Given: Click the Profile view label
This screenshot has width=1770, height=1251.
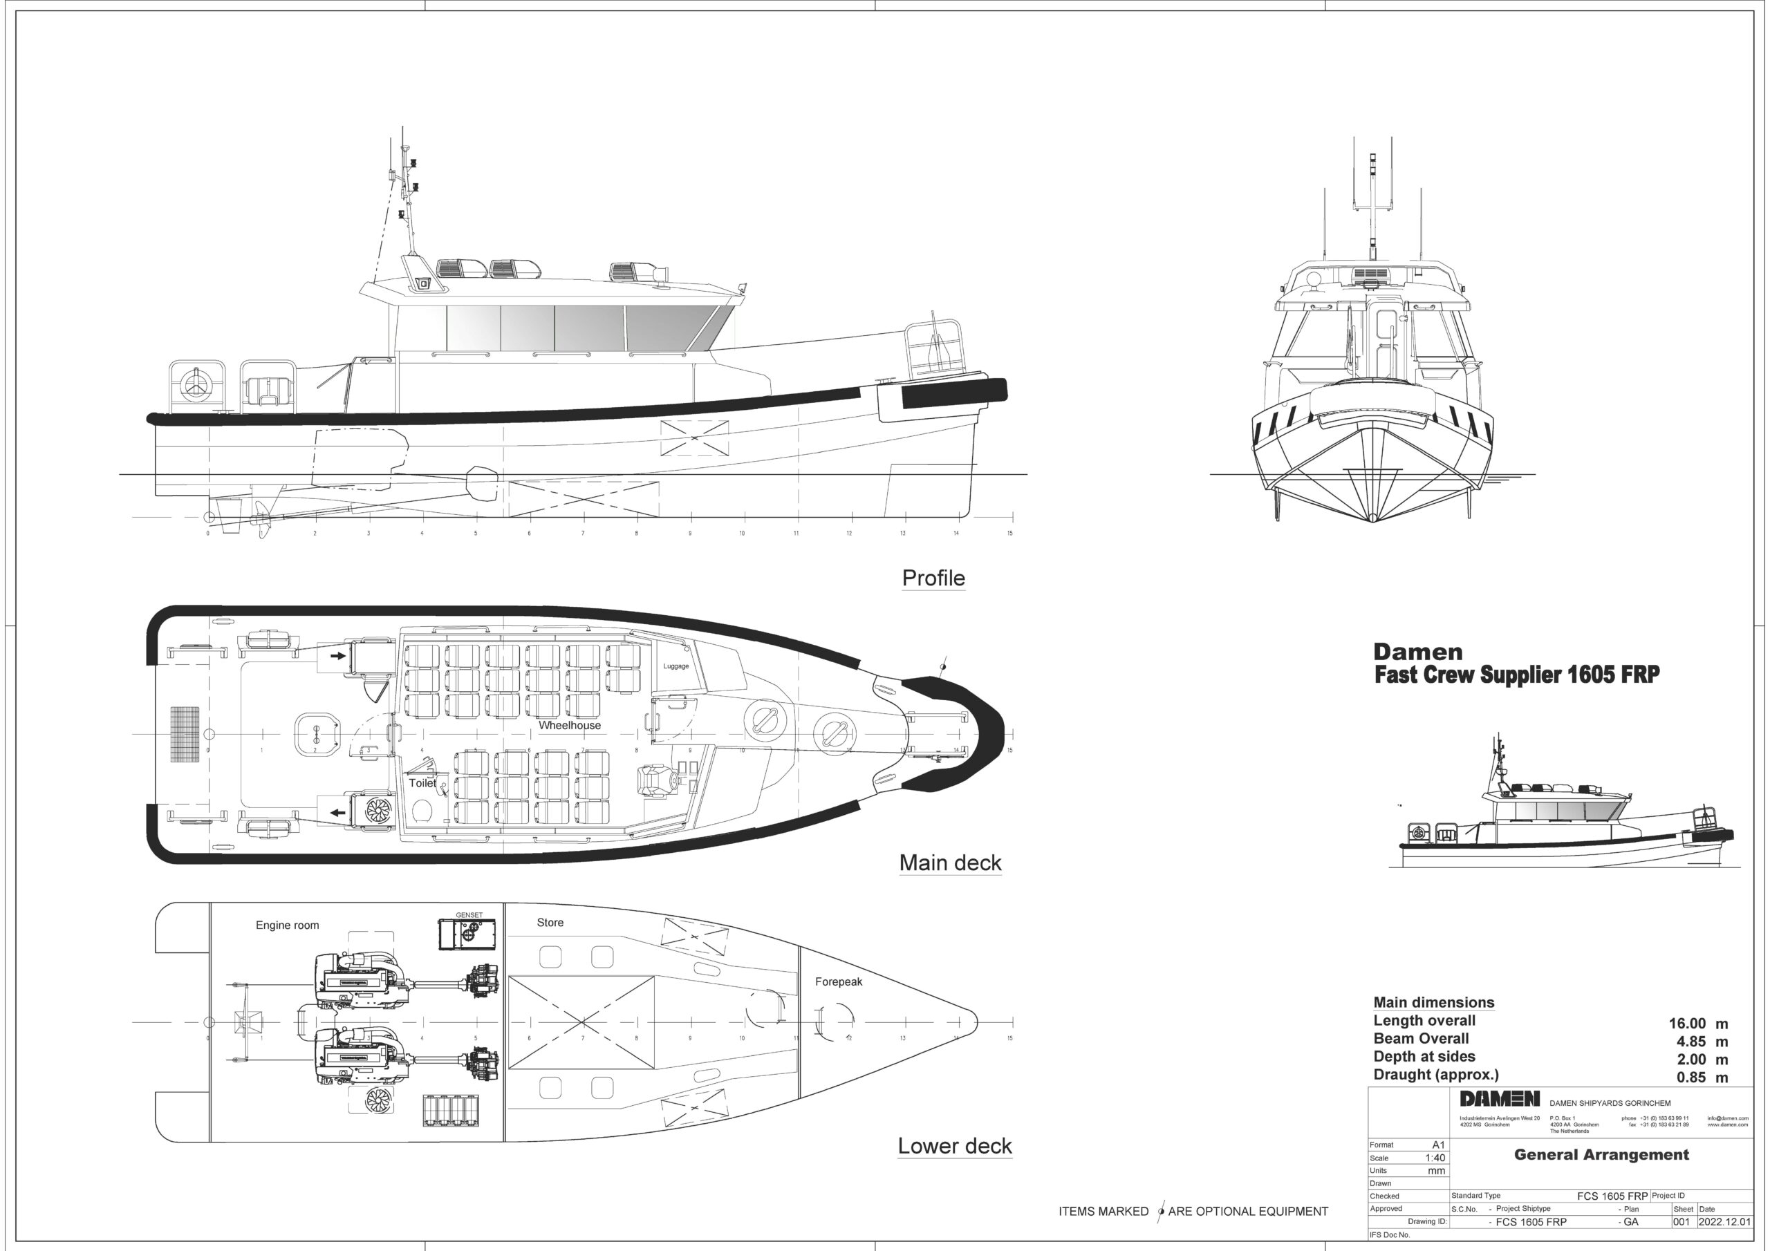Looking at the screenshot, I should point(933,578).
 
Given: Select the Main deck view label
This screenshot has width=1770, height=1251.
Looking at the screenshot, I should point(950,863).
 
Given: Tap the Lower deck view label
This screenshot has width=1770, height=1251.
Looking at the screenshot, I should point(954,1146).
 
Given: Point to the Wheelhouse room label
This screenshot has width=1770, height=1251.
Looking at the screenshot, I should point(569,725).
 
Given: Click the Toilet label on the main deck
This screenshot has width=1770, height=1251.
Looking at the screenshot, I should point(422,783).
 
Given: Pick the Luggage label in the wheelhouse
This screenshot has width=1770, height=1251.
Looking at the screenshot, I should point(676,666).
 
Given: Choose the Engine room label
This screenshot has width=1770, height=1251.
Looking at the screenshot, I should point(287,925).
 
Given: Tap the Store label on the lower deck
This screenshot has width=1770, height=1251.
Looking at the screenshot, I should point(550,923).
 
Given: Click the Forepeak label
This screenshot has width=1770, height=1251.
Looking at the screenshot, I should point(838,982).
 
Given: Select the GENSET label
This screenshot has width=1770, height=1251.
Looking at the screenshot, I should point(469,915).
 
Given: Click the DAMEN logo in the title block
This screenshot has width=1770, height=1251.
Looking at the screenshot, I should point(1500,1099).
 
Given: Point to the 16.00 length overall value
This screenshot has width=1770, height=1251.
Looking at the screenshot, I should point(1687,1024).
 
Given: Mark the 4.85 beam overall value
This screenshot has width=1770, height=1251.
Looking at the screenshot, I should point(1690,1042).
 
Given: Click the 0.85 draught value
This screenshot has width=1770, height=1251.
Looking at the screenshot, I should point(1690,1078).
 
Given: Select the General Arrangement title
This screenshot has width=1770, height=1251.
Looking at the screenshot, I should point(1601,1155).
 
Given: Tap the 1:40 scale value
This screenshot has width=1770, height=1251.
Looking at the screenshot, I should point(1435,1158).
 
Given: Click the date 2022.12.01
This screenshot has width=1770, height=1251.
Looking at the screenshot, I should point(1724,1222).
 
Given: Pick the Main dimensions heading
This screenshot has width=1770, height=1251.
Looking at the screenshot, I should point(1433,1003).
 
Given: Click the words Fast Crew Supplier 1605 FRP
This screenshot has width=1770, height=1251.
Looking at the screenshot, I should point(1516,675).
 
